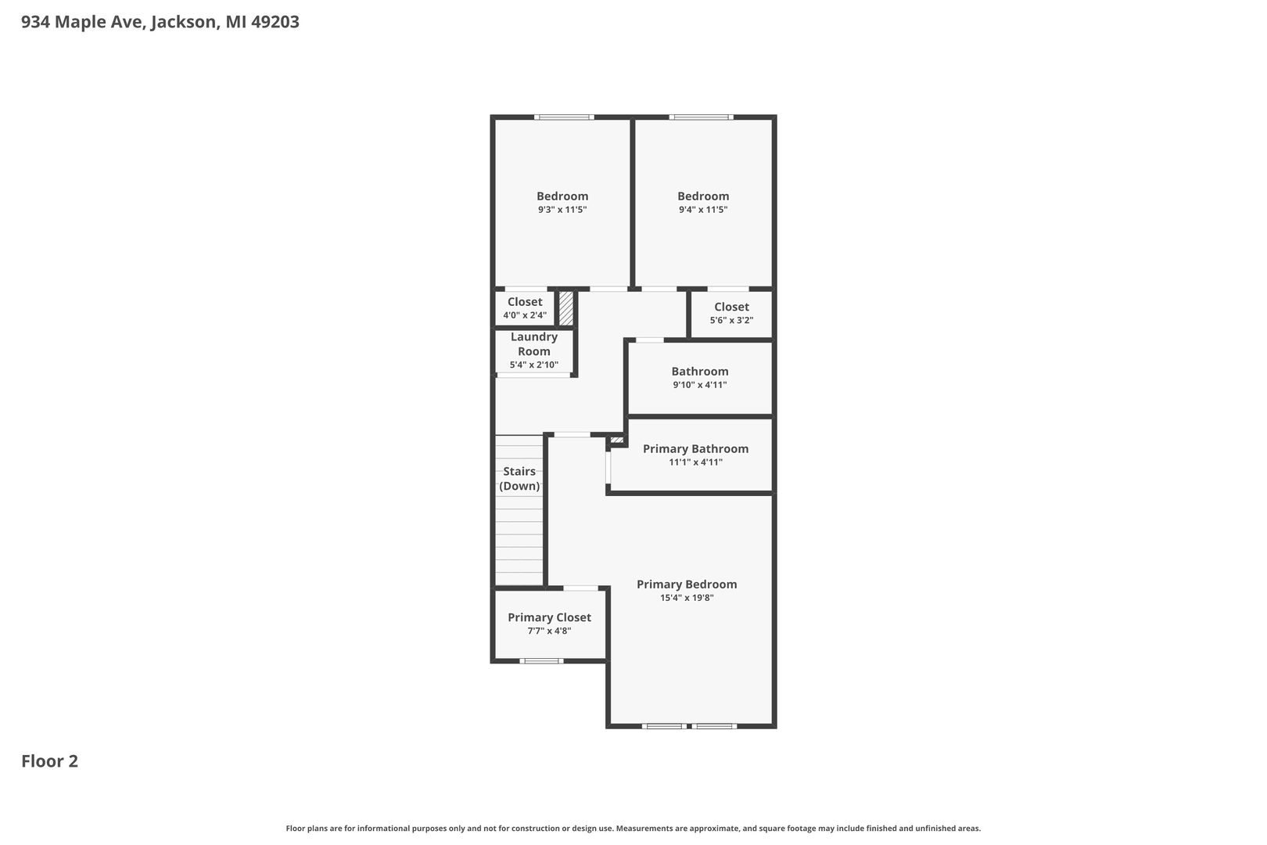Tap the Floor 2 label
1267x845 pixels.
[49, 761]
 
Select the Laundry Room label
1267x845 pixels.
[534, 343]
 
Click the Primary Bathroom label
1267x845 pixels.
[696, 449]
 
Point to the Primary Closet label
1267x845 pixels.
[549, 617]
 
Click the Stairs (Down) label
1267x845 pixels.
[519, 479]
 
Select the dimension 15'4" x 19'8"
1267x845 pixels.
[687, 598]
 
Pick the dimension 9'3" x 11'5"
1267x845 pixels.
[562, 210]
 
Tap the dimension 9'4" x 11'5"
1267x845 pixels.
[703, 210]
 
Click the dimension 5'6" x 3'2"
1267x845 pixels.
[731, 320]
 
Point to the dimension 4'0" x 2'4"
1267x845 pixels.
[525, 315]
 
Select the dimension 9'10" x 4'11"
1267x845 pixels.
[700, 385]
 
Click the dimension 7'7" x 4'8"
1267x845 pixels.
[549, 631]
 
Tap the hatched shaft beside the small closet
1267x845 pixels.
[566, 308]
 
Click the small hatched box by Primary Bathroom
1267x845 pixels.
[616, 440]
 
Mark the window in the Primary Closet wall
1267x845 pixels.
[541, 661]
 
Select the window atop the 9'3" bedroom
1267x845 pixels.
[564, 117]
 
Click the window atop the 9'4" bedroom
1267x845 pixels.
[702, 117]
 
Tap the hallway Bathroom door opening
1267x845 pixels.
[650, 340]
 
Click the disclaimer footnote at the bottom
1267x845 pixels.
[633, 829]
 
